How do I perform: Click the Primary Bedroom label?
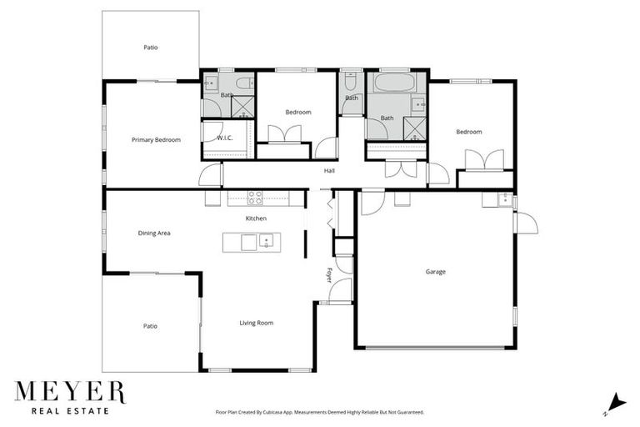point(156,140)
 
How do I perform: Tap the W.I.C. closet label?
point(224,138)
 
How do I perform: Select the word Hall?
point(329,172)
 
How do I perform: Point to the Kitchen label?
point(256,219)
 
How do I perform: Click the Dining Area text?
point(154,234)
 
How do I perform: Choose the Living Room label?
point(256,323)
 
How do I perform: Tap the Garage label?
point(435,272)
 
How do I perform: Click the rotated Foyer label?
point(329,274)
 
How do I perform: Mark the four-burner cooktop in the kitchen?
point(255,198)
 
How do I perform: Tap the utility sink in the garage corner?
point(502,199)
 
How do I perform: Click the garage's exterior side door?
point(525,223)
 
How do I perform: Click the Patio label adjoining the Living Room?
point(150,326)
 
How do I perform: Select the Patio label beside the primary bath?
point(150,48)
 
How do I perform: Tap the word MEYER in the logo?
point(69,392)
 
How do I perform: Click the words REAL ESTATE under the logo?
point(69,410)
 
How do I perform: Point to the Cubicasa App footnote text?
point(319,412)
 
